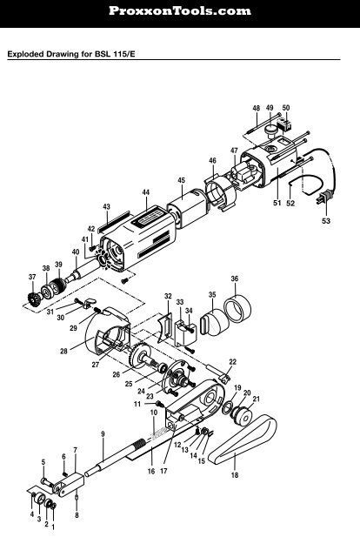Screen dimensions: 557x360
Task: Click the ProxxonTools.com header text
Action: coord(179,11)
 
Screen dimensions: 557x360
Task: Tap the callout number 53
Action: coord(326,222)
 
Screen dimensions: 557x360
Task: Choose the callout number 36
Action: coord(235,278)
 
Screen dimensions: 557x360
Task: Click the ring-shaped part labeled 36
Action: coord(236,308)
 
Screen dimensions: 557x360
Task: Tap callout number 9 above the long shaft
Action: coord(103,433)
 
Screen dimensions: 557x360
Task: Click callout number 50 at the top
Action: coord(286,108)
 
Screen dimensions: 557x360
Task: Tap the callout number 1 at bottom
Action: coord(53,527)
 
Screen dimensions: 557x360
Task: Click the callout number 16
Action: coord(150,471)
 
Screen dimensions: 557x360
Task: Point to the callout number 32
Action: coord(168,297)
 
